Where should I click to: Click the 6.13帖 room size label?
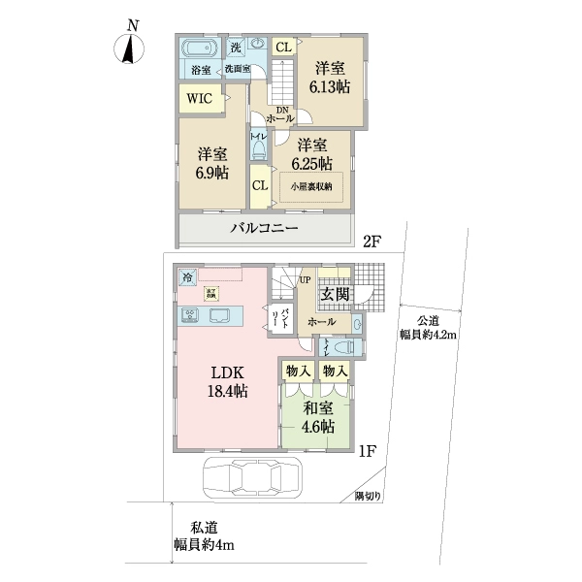point(330,78)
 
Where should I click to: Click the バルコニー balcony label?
point(263,229)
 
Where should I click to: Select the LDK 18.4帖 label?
point(226,381)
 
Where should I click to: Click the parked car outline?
point(250,479)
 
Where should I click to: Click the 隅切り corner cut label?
point(368,497)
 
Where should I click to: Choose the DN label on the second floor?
point(282,110)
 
